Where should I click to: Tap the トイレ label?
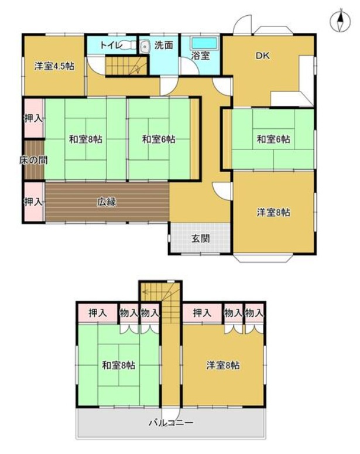[111, 45]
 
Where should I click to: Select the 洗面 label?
[163, 45]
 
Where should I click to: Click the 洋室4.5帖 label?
[53, 66]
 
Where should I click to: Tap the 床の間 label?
[33, 159]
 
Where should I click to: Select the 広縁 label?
[107, 202]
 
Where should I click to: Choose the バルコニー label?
[170, 422]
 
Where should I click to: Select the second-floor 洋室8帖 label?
[222, 365]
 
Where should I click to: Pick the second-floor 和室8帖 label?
[118, 366]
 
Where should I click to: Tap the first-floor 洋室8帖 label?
[273, 213]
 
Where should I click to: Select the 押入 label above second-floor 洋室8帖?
[202, 313]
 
